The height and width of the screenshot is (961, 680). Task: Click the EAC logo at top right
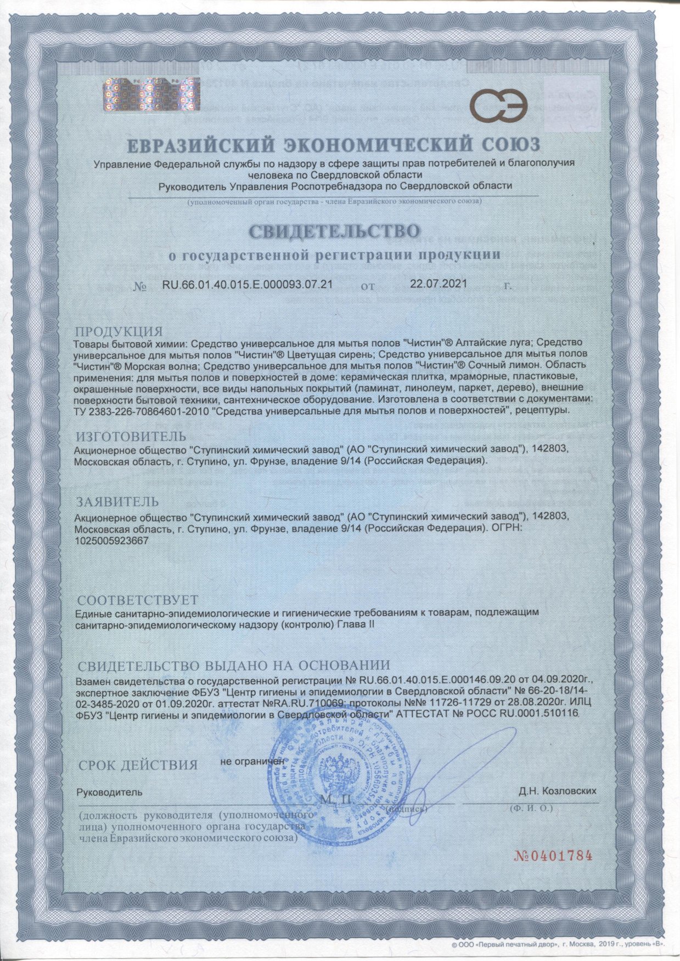(501, 106)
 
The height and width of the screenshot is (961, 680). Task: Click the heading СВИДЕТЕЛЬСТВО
(334, 231)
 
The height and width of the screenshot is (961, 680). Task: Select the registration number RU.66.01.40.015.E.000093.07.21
(248, 284)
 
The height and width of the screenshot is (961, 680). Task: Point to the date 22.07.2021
(439, 284)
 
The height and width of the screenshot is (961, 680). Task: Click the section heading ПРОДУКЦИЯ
(119, 332)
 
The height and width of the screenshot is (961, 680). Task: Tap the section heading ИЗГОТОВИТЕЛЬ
(131, 437)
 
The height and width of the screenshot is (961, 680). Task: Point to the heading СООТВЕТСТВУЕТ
(138, 600)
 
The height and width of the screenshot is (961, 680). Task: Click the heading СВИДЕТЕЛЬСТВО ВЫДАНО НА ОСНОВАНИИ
(234, 666)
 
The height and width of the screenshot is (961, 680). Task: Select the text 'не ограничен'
(252, 761)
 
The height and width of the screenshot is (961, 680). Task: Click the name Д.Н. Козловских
(557, 791)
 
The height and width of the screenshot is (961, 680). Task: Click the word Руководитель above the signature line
(110, 792)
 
